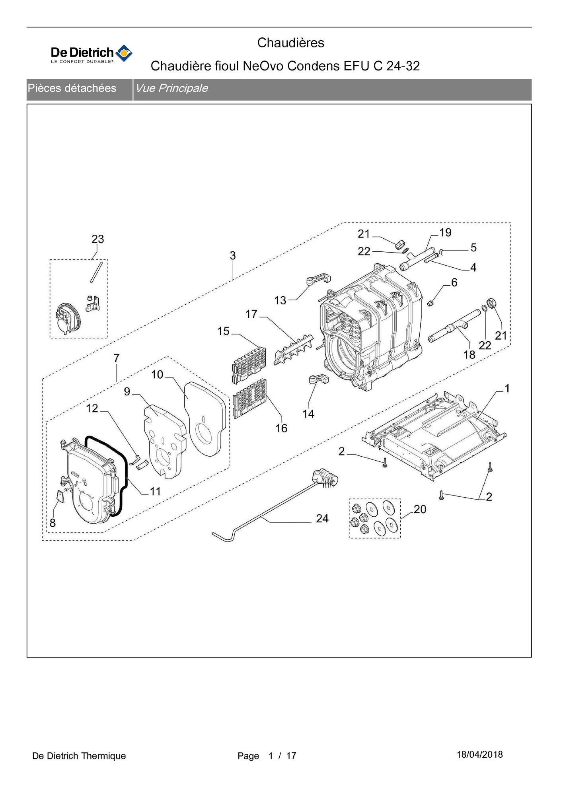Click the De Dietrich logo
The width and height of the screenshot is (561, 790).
92,54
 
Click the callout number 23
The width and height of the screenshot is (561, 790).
97,239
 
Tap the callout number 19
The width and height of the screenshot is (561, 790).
445,232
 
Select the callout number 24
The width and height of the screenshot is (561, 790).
322,518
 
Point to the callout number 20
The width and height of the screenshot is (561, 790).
420,509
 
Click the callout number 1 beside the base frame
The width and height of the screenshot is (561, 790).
507,388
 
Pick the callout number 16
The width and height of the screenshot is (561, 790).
281,428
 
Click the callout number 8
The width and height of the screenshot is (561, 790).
53,523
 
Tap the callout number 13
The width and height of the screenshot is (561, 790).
280,300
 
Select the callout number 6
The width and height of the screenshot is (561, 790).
454,282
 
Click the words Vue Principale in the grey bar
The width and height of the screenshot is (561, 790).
171,88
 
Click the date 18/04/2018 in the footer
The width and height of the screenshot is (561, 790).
479,755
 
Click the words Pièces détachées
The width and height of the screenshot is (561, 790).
72,88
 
